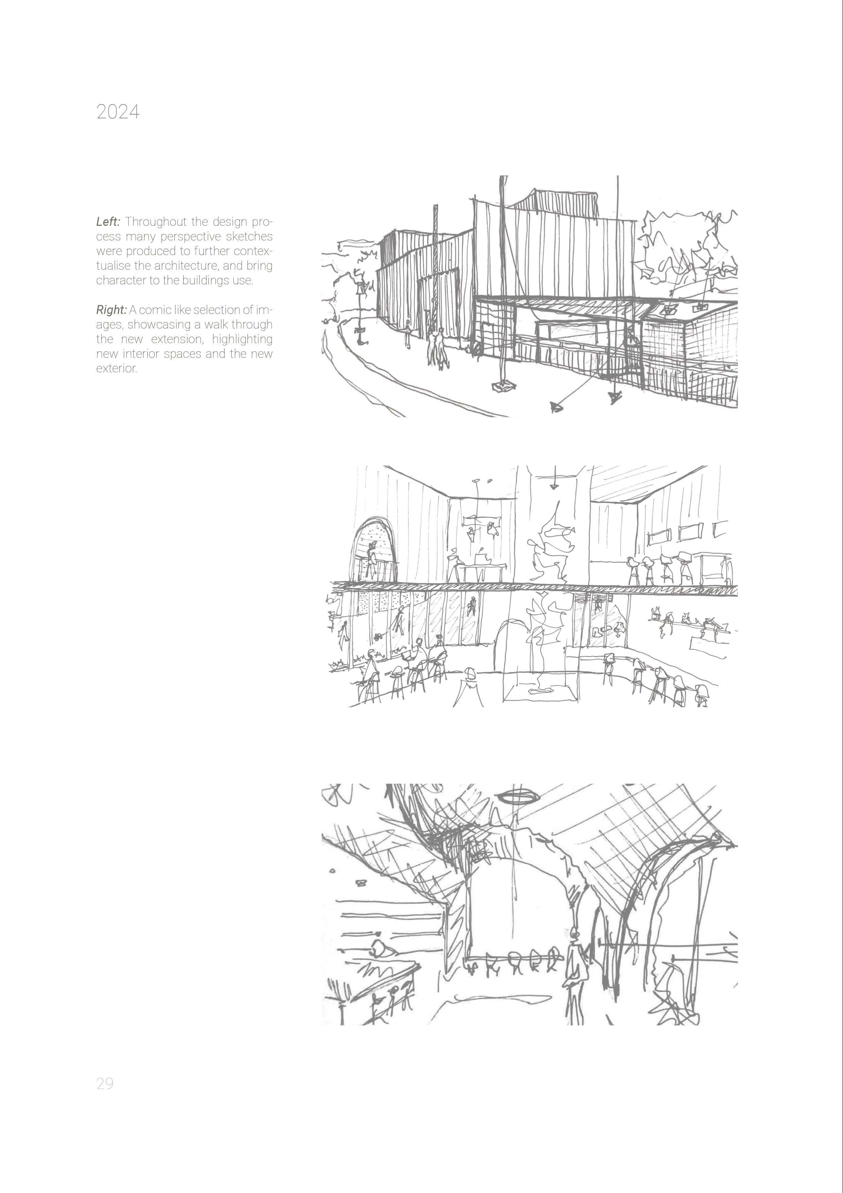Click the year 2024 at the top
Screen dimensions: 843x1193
click(118, 112)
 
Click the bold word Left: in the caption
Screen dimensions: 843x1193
click(108, 222)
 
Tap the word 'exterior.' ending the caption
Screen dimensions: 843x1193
click(116, 369)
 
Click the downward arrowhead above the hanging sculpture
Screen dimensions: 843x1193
click(554, 486)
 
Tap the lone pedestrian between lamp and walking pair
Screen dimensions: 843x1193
click(408, 334)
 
